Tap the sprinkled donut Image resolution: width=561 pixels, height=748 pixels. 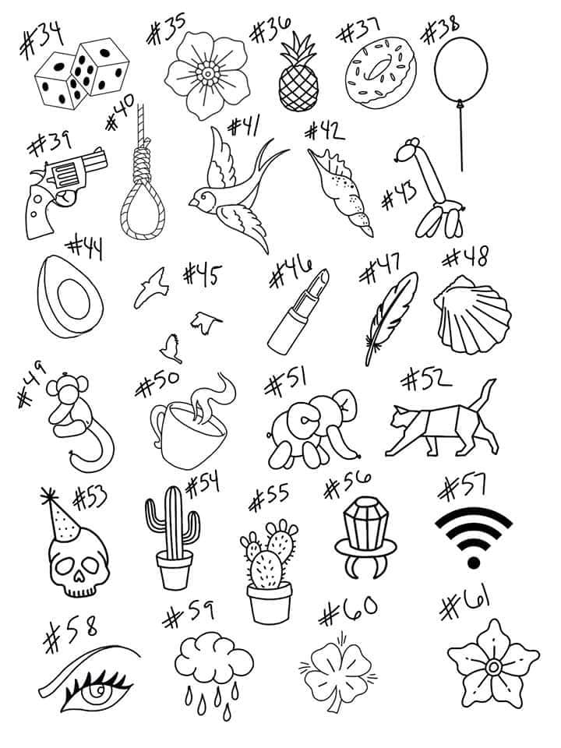pos(381,72)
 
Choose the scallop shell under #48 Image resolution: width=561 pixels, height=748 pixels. pos(472,315)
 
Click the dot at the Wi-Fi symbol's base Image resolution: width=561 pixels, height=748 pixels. pos(473,563)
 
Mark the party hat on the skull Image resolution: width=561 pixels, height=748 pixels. pos(61,515)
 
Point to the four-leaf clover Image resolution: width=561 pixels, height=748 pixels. pos(337,672)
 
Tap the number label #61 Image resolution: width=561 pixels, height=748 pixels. pos(464,604)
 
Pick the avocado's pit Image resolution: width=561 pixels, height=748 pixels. pos(73,300)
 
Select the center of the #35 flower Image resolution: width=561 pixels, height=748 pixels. pos(208,74)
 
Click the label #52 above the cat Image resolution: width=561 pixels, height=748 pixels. pos(426,380)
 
